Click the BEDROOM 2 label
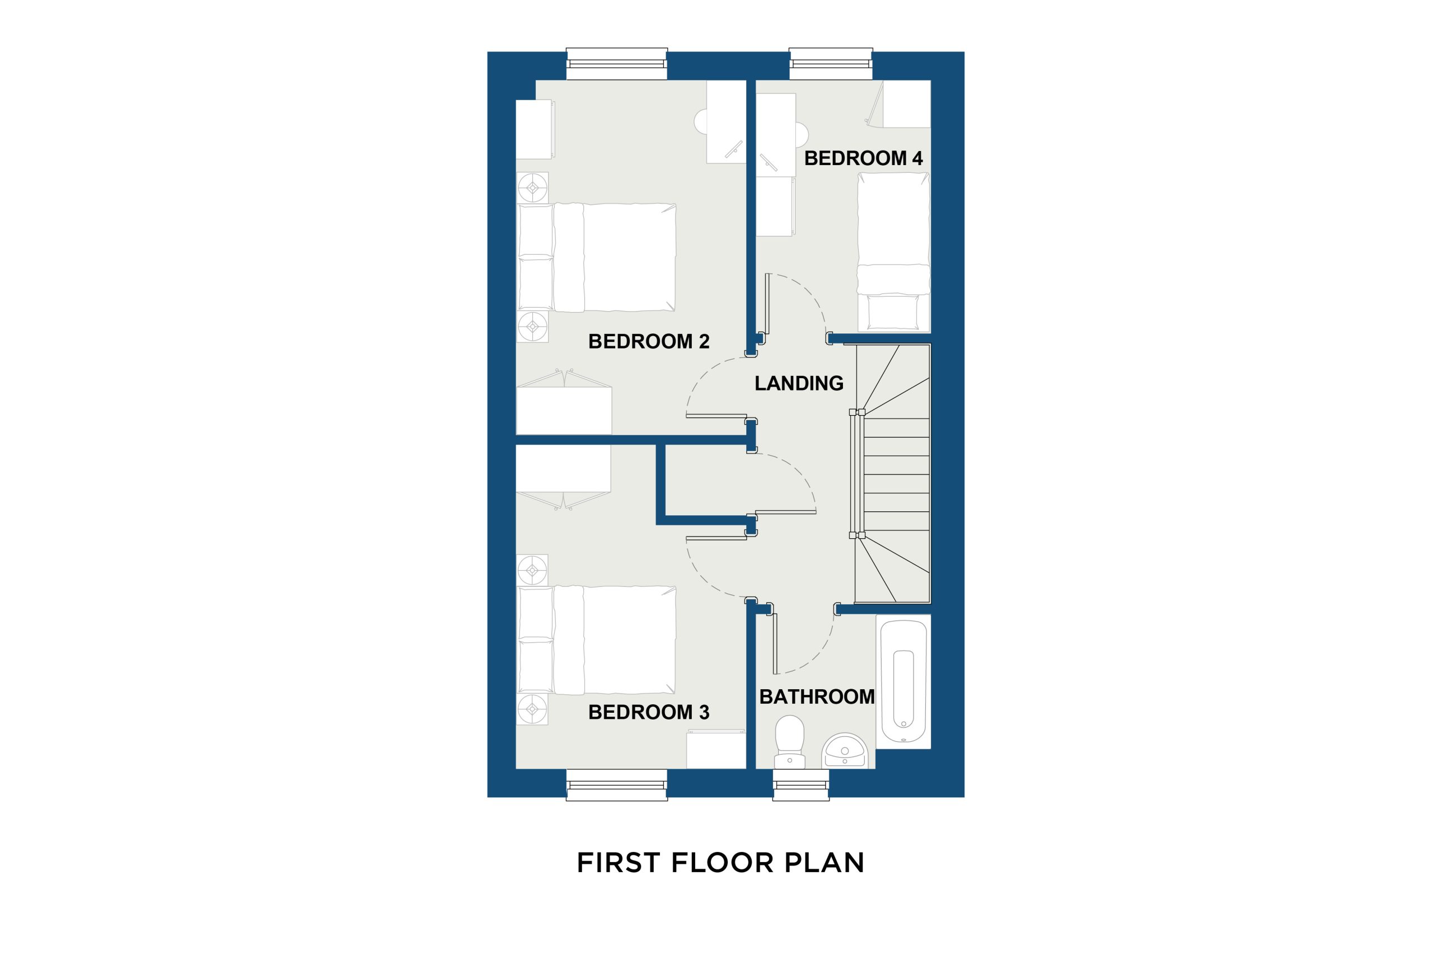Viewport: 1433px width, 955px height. tap(649, 341)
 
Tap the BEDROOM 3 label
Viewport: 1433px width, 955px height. tap(649, 712)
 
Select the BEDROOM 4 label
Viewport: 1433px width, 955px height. tap(863, 158)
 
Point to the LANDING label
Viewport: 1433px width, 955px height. tap(799, 383)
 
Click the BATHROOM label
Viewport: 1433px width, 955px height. tap(817, 697)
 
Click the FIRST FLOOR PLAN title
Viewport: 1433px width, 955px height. tap(721, 863)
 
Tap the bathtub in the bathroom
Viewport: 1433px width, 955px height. tap(903, 681)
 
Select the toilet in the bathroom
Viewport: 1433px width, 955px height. tap(790, 742)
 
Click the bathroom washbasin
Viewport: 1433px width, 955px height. tap(845, 751)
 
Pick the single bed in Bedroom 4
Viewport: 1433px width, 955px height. tap(894, 252)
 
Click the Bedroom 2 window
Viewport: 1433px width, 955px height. tap(616, 64)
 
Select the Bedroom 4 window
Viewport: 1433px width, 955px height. tap(831, 64)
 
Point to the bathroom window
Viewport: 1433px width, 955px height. tap(801, 785)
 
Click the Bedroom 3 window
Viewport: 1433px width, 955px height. tap(616, 785)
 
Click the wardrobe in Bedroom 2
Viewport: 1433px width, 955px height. tap(564, 411)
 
